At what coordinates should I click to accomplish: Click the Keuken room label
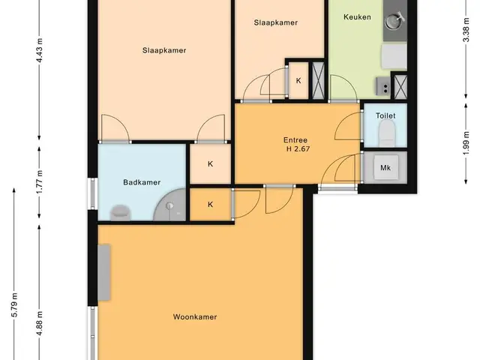pos(357,16)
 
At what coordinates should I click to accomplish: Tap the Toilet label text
pos(385,115)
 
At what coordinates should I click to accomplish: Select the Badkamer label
pos(142,182)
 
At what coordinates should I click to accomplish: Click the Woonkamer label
pos(195,316)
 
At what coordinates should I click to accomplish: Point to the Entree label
pos(295,140)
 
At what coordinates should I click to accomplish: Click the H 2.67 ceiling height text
pos(298,149)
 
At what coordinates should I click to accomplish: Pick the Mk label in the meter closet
pos(385,168)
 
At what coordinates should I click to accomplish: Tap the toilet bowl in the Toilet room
pos(386,133)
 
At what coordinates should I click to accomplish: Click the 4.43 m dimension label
pos(40,50)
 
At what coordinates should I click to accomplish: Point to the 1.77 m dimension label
pos(40,181)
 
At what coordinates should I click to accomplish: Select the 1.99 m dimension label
pos(466,143)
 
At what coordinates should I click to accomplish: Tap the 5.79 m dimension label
pos(15,305)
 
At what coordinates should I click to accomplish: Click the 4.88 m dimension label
pos(40,323)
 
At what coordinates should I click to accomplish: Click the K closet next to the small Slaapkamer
pos(298,80)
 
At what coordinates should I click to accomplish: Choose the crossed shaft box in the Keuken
pos(400,87)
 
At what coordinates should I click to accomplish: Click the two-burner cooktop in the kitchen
pos(383,86)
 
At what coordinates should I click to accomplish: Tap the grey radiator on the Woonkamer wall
pos(104,272)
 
